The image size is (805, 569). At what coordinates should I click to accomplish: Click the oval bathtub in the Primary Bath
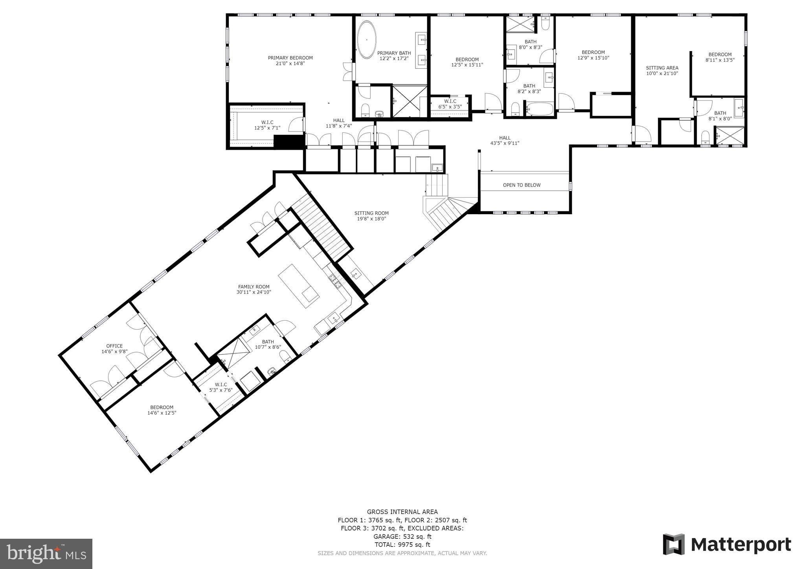(367, 40)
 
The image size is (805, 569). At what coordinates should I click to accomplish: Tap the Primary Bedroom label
(290, 58)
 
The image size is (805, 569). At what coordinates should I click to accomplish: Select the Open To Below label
(522, 185)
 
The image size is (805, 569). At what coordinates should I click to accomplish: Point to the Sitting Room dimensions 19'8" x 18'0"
(371, 219)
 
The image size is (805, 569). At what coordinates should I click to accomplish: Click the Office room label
(114, 346)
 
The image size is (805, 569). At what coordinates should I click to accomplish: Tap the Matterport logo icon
(674, 544)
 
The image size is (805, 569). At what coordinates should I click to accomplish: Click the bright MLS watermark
(46, 554)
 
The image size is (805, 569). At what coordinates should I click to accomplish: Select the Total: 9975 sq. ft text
(402, 545)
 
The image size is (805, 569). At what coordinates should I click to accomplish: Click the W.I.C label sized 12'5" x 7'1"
(267, 122)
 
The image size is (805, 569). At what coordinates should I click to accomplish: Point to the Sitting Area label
(662, 68)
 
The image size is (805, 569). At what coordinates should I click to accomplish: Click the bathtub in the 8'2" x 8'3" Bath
(539, 109)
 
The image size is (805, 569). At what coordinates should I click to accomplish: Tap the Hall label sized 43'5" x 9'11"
(505, 138)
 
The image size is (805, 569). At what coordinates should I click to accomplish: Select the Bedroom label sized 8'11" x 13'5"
(720, 55)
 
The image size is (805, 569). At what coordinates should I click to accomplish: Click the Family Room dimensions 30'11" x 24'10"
(254, 292)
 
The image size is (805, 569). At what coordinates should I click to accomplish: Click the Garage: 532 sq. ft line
(402, 536)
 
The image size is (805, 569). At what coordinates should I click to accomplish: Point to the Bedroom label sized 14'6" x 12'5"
(162, 407)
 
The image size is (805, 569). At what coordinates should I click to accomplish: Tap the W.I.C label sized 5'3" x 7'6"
(221, 384)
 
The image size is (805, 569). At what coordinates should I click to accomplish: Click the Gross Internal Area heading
(402, 512)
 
